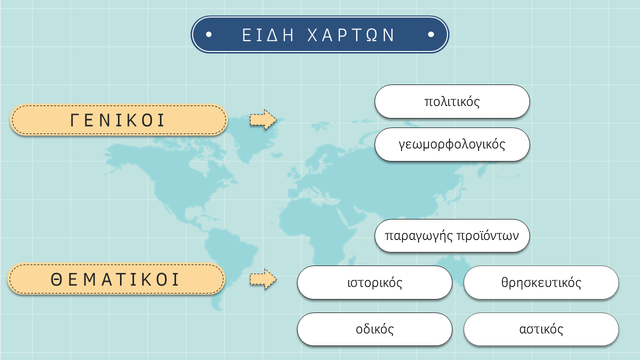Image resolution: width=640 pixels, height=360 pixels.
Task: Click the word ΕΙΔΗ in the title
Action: (267, 35)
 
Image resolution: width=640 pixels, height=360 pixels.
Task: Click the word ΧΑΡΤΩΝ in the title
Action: (351, 35)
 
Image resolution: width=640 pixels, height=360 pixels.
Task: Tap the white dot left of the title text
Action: (209, 34)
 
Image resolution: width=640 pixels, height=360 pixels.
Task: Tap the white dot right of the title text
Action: (431, 34)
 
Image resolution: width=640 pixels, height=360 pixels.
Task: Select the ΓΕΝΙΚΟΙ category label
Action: (118, 119)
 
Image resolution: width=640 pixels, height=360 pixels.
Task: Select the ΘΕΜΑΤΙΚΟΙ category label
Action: (116, 279)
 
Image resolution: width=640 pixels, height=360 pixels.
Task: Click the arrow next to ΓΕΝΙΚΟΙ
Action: (263, 119)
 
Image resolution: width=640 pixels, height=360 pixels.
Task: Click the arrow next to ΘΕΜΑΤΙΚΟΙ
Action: (263, 279)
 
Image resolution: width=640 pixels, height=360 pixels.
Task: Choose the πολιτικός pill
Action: (452, 101)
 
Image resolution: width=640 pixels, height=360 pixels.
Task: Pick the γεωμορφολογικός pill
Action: (452, 144)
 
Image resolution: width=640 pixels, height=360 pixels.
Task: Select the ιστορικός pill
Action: (374, 282)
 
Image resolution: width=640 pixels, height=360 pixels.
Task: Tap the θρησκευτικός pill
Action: (541, 282)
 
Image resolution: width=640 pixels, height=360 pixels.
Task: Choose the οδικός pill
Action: (374, 329)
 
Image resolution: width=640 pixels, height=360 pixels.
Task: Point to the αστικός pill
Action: (541, 329)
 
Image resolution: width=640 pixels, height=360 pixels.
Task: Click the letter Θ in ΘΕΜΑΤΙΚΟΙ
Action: (56, 279)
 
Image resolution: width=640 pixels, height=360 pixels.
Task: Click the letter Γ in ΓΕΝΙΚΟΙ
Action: (74, 120)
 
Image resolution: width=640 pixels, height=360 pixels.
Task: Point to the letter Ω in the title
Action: (371, 35)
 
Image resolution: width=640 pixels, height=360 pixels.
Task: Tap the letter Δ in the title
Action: (273, 35)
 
